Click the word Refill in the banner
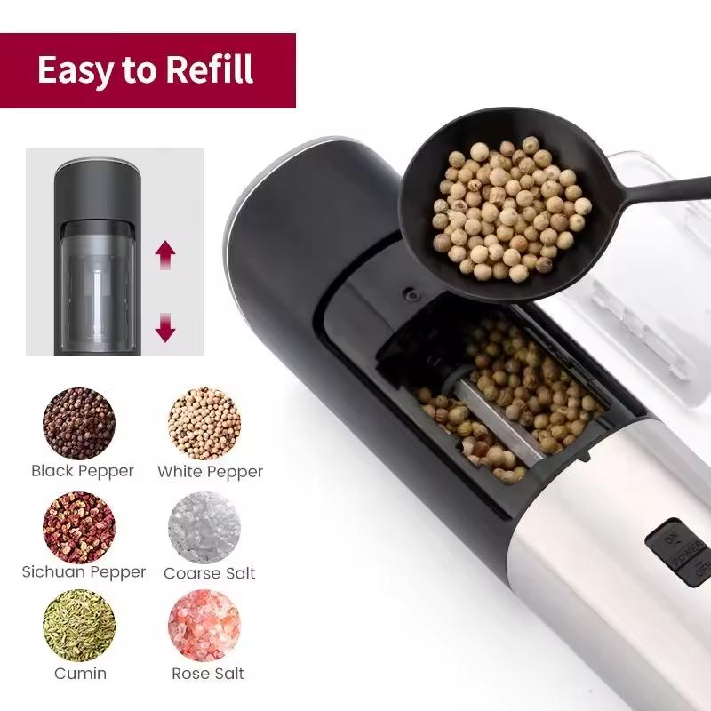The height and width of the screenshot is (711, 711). [x=209, y=69]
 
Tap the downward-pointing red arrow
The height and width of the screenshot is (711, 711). [x=165, y=328]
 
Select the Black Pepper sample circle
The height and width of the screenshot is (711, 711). [x=79, y=423]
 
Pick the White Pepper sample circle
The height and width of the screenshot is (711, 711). [x=204, y=423]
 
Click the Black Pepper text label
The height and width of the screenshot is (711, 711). [x=83, y=471]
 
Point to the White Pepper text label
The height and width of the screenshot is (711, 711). [x=211, y=471]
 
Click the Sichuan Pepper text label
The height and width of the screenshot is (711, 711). [x=84, y=572]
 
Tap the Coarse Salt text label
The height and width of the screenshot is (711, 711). [x=210, y=573]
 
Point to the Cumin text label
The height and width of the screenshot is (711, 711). [x=81, y=673]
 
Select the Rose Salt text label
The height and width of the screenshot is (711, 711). [x=209, y=673]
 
